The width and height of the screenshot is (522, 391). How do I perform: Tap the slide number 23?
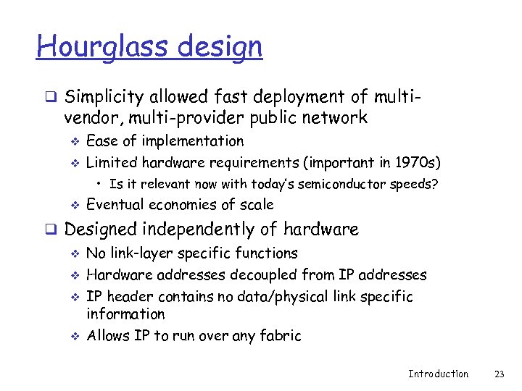click(x=498, y=374)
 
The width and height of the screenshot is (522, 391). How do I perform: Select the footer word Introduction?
click(x=438, y=374)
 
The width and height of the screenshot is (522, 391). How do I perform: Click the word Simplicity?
click(x=105, y=97)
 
